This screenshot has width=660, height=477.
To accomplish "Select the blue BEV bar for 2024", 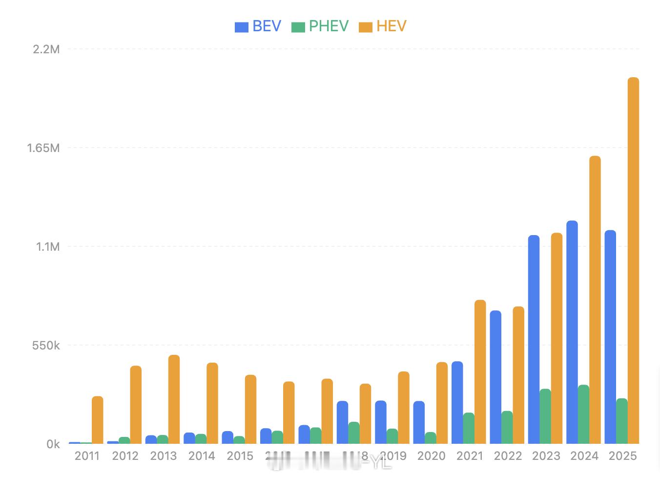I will point(572,332).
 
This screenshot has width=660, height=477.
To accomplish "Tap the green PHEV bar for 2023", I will point(545,416).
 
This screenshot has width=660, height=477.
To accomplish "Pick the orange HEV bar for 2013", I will point(174,399).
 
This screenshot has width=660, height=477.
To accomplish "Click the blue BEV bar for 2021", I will point(457,403).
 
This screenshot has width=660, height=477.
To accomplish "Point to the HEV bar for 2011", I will point(98,420).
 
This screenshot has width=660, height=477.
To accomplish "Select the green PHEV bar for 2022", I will point(507,428).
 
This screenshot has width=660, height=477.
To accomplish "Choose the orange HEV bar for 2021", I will point(480,372).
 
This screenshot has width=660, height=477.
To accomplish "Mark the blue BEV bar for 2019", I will point(381,422).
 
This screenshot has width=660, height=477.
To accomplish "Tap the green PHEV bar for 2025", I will point(622,421).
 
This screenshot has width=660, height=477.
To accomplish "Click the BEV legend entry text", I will point(267,26).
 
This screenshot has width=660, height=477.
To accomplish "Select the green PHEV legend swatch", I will point(298,27).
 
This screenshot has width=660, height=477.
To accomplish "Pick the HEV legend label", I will point(392,26).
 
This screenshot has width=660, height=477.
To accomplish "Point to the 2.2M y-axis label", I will point(46,49).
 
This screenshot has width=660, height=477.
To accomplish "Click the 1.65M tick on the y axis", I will point(43,148).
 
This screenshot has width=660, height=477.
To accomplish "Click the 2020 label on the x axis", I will point(432,456).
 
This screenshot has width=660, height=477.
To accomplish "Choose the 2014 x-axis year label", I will point(202,456).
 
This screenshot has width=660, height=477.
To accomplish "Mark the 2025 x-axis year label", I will point(623,456).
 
